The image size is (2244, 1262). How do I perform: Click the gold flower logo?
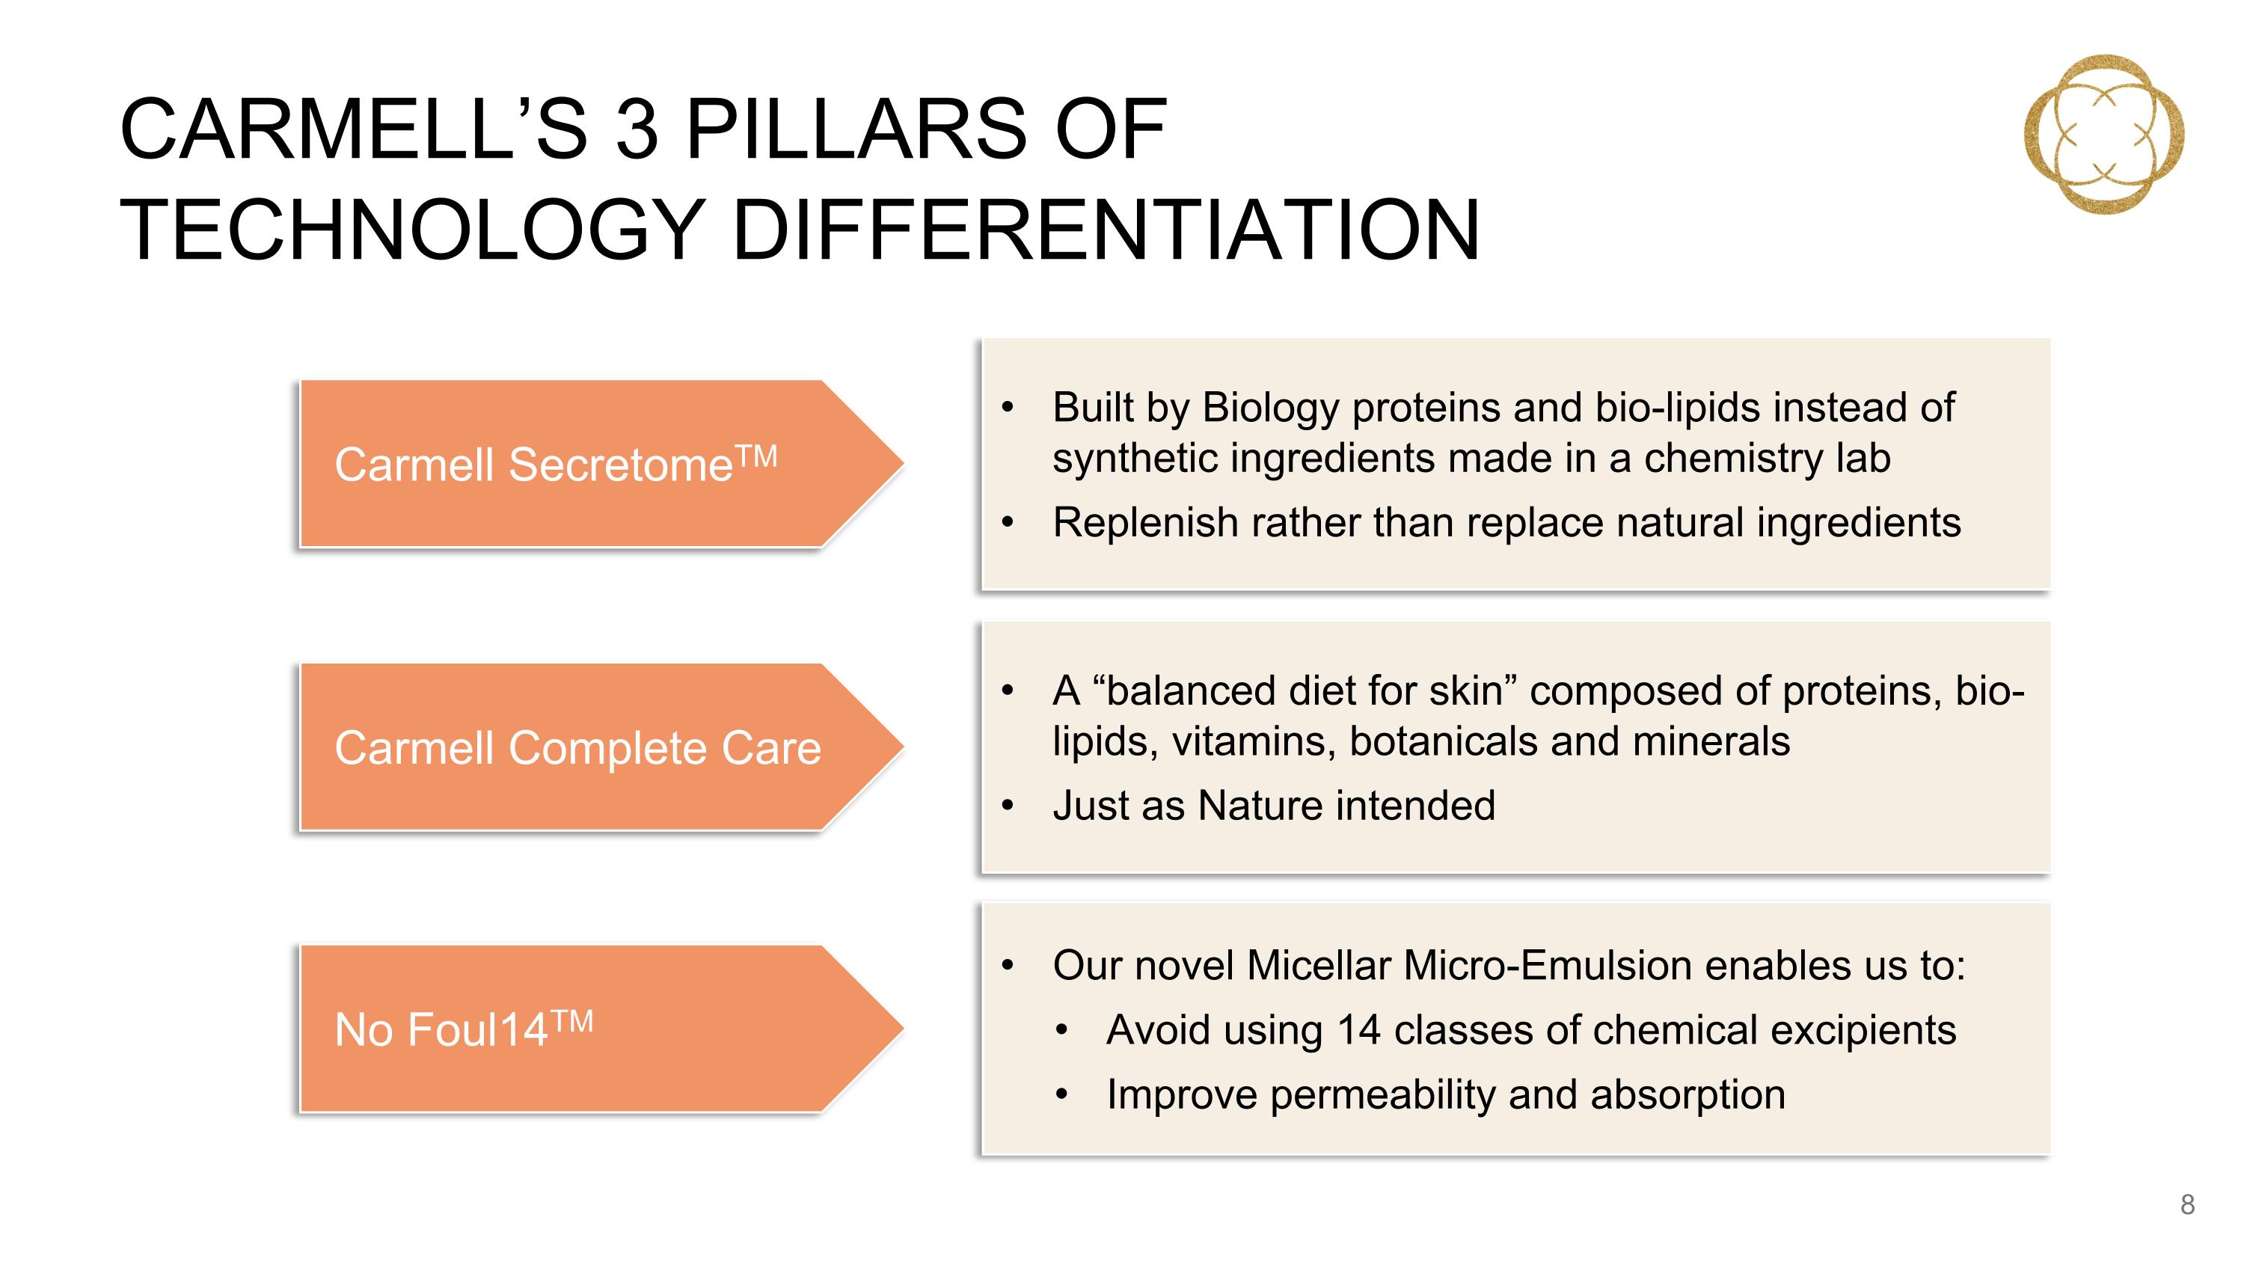(2103, 134)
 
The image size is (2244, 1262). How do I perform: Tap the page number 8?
(2187, 1204)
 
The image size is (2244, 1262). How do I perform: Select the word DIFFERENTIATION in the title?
(1106, 230)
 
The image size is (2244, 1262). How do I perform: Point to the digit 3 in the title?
(637, 129)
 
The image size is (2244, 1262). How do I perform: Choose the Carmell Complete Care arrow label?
(601, 747)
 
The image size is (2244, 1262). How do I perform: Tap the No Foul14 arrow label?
(601, 1029)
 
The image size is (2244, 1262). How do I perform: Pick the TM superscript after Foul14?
(572, 1021)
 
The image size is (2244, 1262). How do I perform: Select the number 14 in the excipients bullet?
(1359, 1030)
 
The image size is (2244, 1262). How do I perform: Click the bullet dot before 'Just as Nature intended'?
(1008, 806)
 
